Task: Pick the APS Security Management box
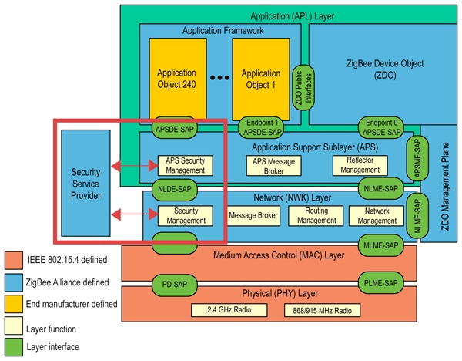coord(185,164)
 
